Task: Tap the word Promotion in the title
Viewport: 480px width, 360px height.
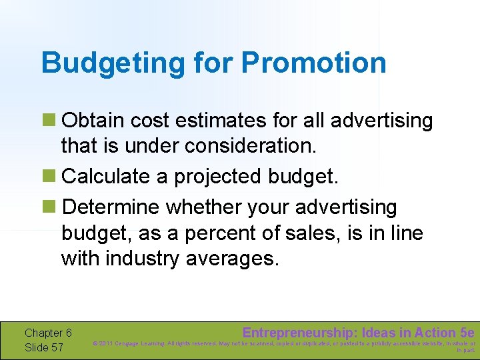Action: click(x=313, y=63)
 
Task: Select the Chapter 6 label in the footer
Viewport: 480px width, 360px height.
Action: click(x=48, y=333)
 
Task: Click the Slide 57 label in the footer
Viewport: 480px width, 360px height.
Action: click(x=43, y=347)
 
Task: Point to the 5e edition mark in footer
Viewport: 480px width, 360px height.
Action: click(x=467, y=332)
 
